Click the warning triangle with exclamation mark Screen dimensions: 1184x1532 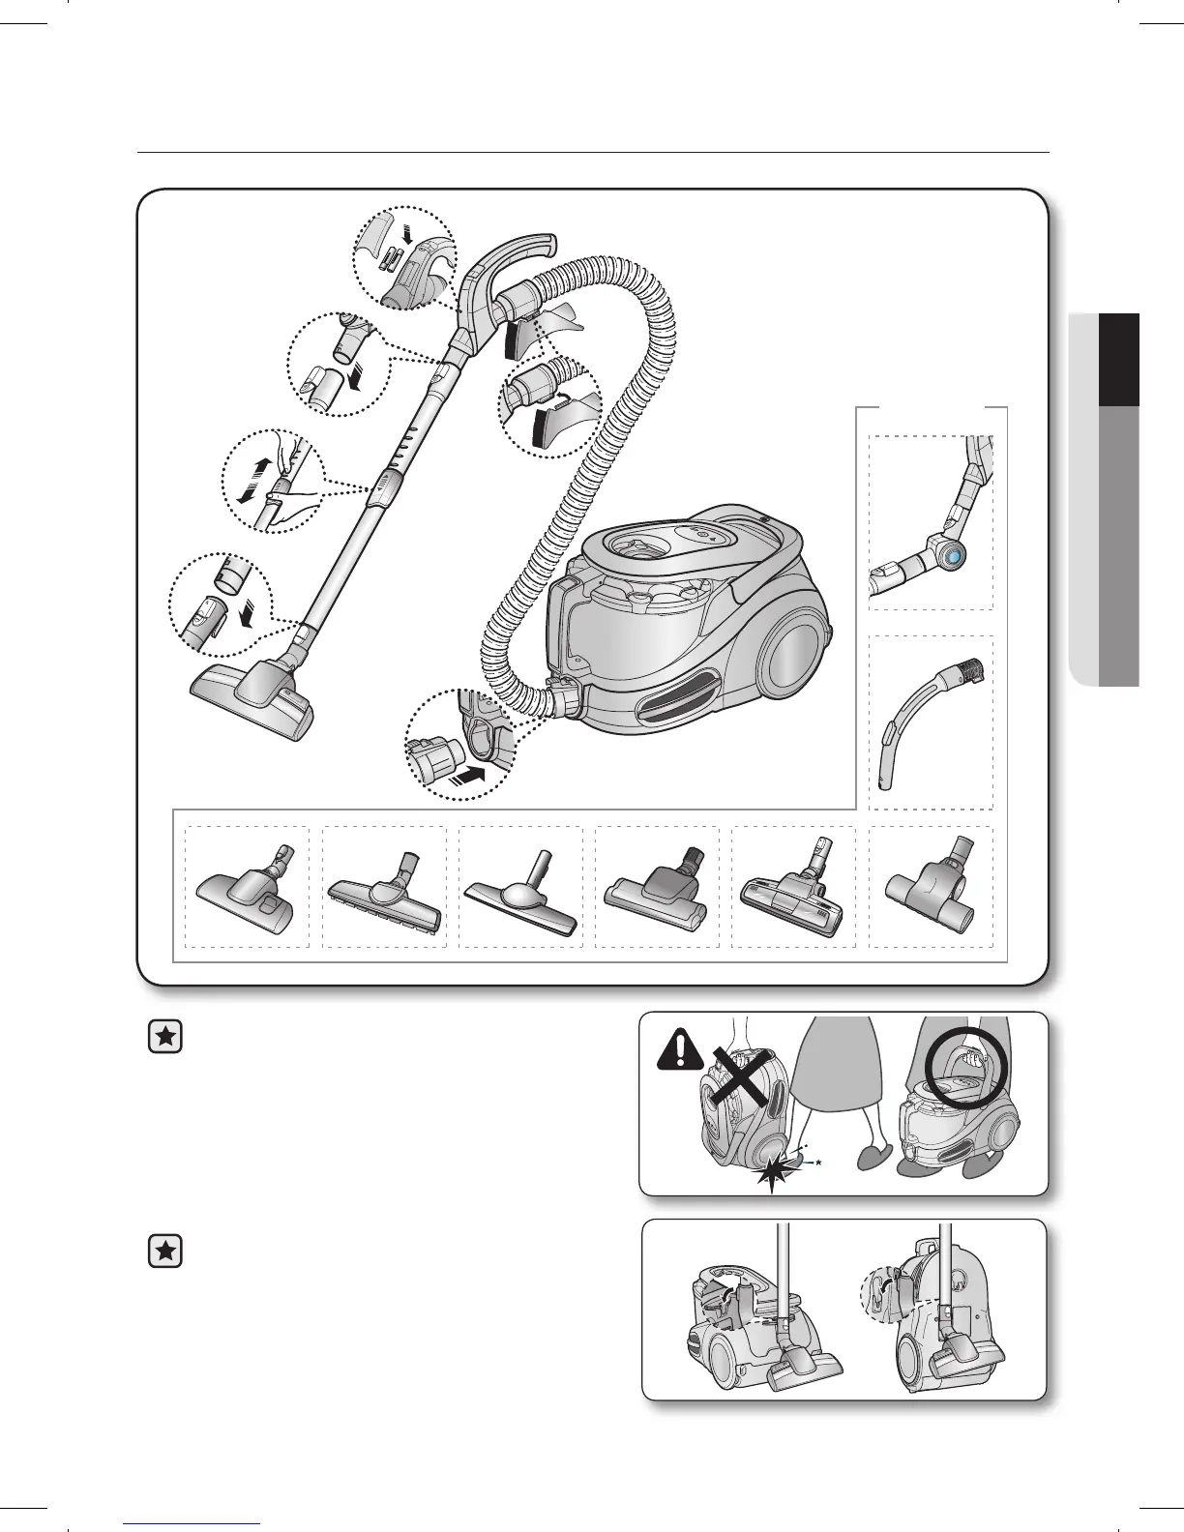click(680, 1049)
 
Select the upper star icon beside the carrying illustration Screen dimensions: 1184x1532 click(166, 1038)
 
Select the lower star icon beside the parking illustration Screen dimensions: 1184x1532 click(166, 1252)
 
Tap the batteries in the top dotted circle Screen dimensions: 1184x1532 click(394, 259)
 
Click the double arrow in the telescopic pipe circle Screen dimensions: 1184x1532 click(250, 480)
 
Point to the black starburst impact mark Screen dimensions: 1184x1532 click(772, 1174)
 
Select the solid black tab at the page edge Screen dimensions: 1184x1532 click(1121, 360)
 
